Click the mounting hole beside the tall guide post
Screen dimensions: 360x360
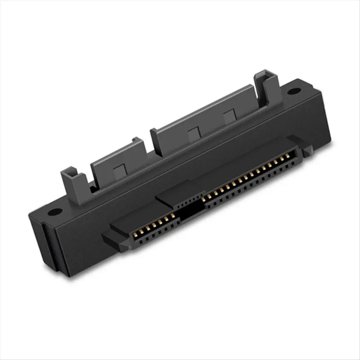pyautogui.click(x=293, y=91)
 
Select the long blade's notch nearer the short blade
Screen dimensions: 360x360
pyautogui.click(x=193, y=134)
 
